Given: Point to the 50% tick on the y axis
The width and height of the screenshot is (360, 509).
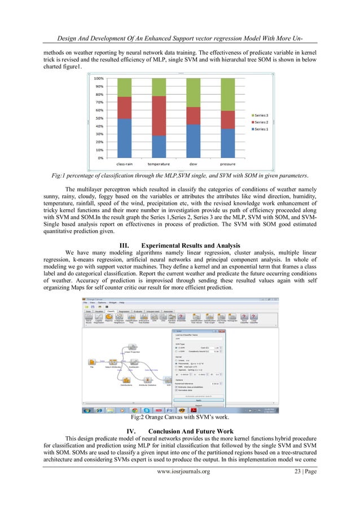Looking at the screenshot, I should [x=99, y=119].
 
